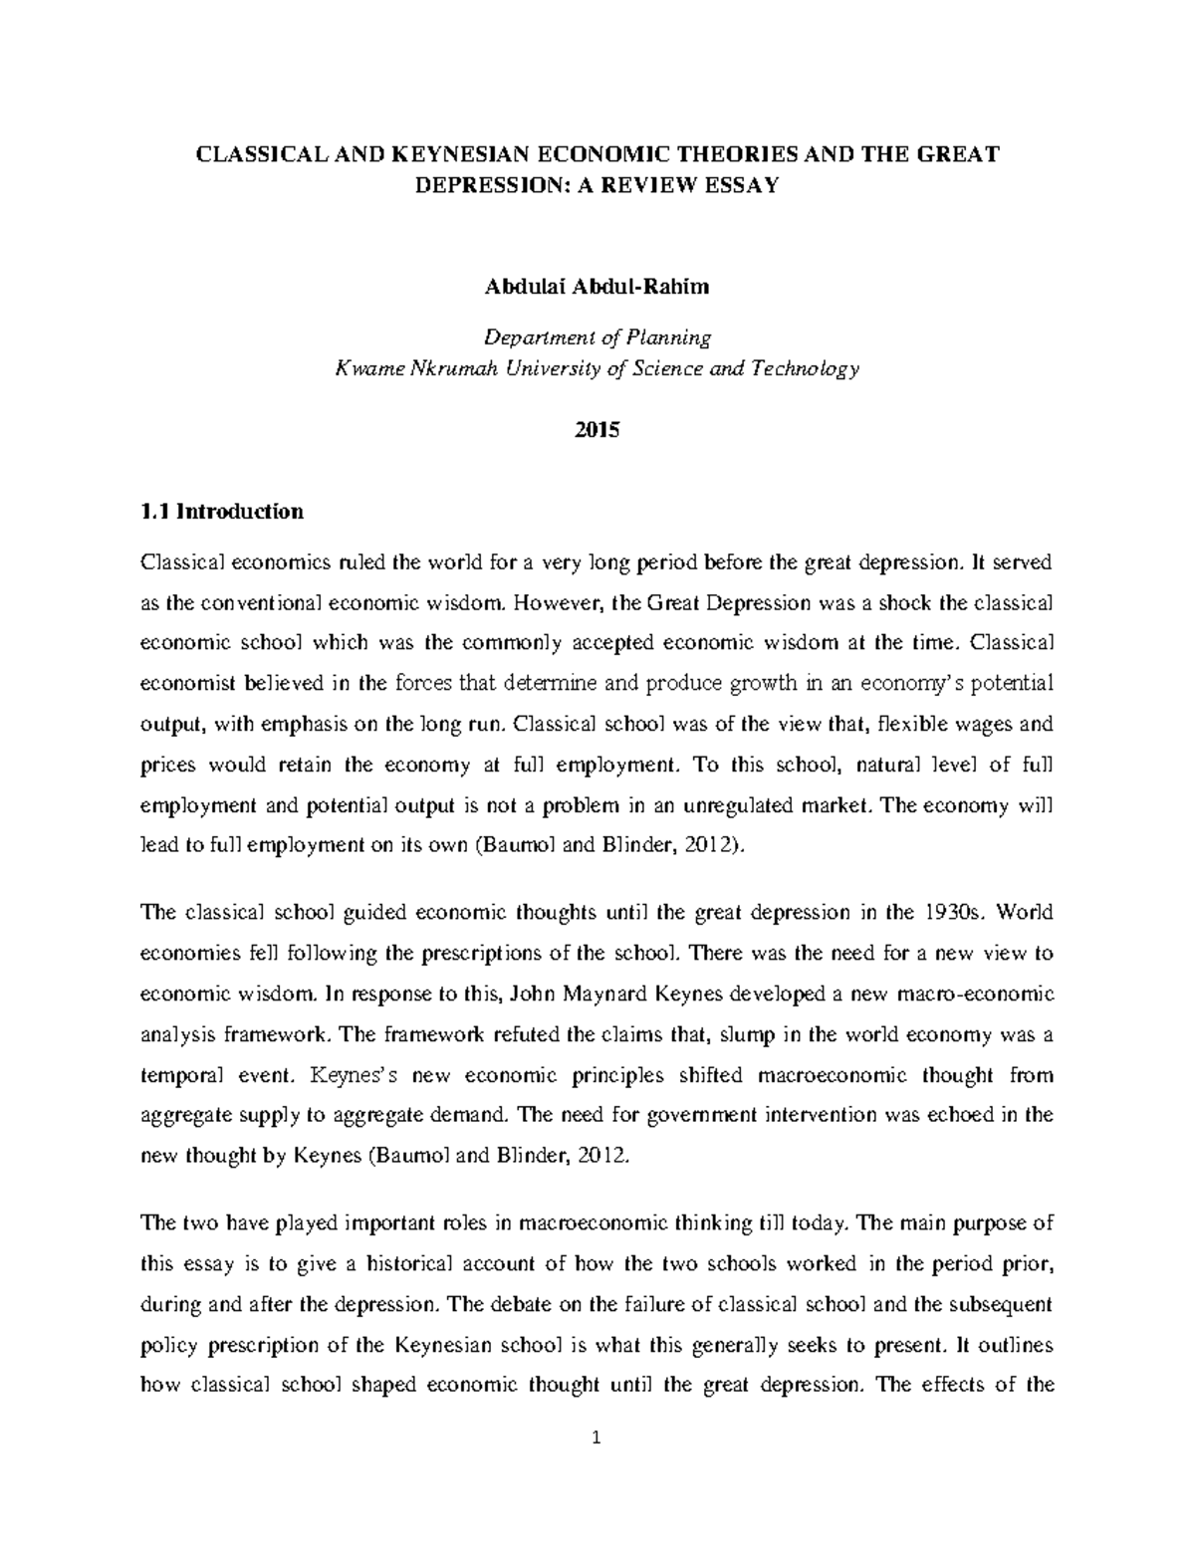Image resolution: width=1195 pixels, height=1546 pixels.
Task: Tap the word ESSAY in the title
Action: click(x=737, y=186)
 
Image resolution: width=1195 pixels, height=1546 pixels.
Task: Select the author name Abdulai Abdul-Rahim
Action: click(x=597, y=288)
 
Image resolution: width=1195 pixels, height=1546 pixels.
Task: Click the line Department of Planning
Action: click(x=597, y=337)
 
